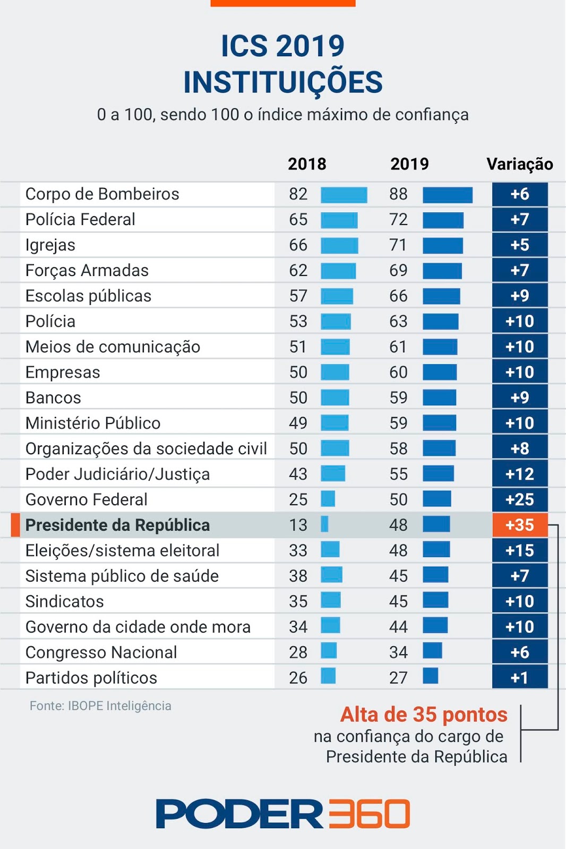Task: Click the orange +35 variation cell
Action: pos(519,525)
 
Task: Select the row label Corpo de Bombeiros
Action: pos(102,194)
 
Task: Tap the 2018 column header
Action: pos(307,164)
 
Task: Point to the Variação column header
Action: pos(519,164)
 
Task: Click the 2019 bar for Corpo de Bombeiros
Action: pos(447,195)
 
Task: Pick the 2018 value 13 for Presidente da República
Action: pos(298,525)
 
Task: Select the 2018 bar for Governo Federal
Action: pos(328,499)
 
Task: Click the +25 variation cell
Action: pos(519,499)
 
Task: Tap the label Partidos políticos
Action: pos(91,678)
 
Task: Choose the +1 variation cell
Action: pos(519,678)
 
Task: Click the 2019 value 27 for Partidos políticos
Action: pos(398,678)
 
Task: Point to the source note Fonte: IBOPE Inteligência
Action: pos(100,706)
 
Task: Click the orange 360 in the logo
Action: pos(369,813)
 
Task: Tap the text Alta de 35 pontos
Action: pos(424,715)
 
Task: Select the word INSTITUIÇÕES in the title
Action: pos(282,82)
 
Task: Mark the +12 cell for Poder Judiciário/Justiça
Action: pos(519,474)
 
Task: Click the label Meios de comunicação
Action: pos(113,347)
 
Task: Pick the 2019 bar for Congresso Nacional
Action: pos(432,651)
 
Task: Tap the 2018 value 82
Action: pos(298,194)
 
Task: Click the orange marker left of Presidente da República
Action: pos(15,525)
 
